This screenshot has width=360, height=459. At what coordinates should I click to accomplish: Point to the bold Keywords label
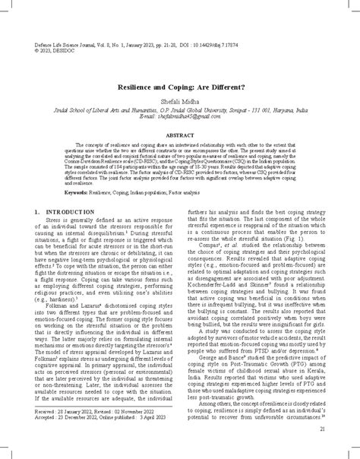pos(76,193)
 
